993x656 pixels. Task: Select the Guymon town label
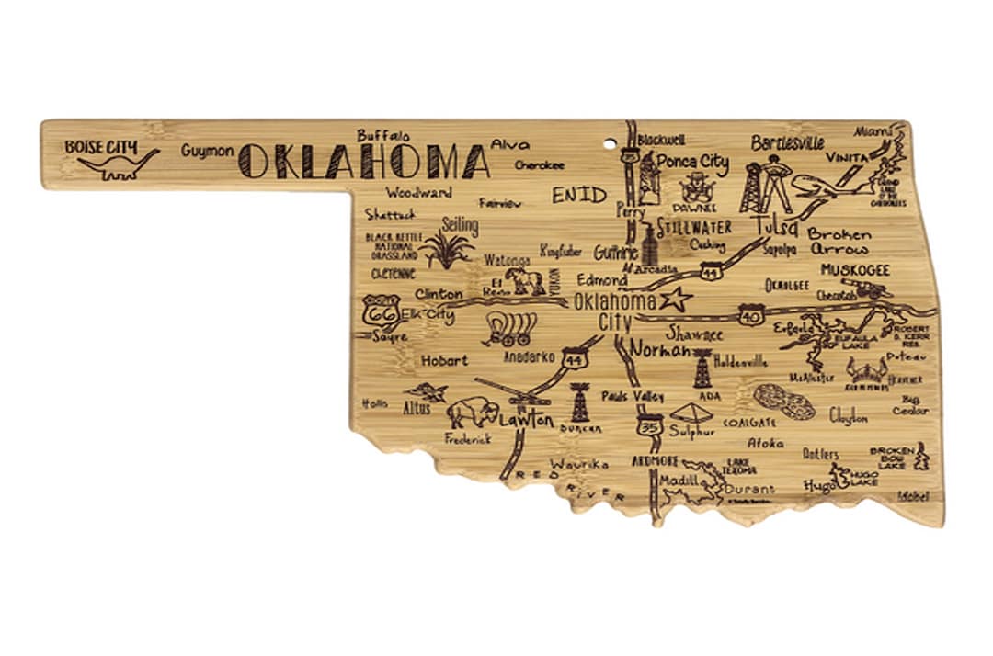tap(207, 151)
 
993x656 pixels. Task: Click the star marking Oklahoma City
tap(677, 298)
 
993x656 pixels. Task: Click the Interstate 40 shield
tap(751, 315)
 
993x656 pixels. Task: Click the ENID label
tap(579, 195)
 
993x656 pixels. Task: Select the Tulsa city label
tap(777, 227)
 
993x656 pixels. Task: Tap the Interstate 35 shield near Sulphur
tap(649, 426)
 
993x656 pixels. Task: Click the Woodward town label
tap(418, 193)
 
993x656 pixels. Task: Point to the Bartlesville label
tap(787, 143)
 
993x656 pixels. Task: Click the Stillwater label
tap(696, 227)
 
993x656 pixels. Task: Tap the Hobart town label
tap(446, 361)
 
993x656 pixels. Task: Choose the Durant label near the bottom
tap(749, 489)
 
